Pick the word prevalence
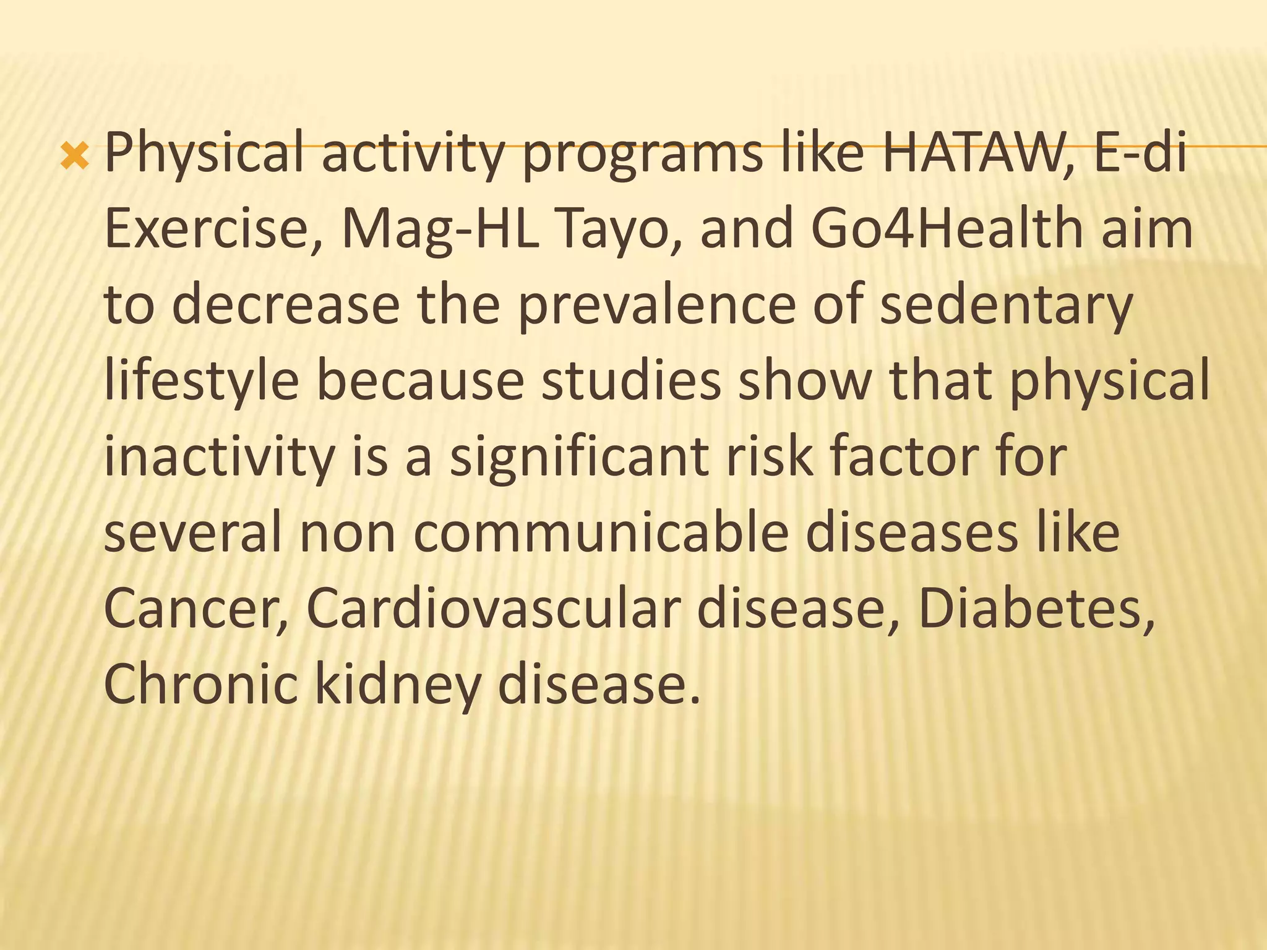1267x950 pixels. (656, 305)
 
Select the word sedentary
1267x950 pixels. (1005, 306)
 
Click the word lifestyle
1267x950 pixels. (202, 382)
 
